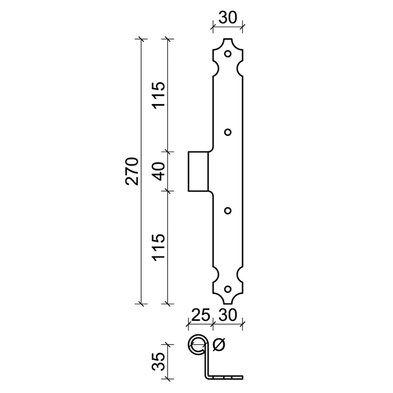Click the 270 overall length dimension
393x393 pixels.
132,171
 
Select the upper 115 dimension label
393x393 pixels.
159,95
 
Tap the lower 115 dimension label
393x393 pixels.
159,248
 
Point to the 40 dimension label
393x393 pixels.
159,171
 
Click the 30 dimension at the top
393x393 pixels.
227,18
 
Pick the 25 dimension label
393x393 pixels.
200,315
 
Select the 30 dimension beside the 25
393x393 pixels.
227,315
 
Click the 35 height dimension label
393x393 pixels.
159,362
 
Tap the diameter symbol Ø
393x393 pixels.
219,345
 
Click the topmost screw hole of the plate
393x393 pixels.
227,54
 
